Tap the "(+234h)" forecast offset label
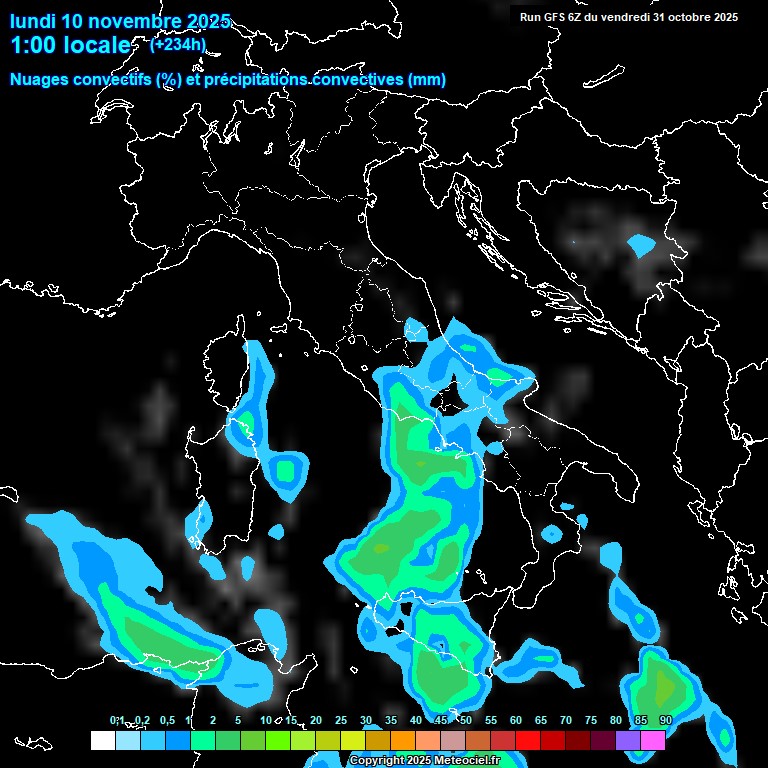coord(178,43)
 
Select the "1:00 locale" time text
coord(69,46)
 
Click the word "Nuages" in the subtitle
coord(39,80)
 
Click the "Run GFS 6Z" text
coord(552,17)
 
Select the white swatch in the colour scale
coord(102,741)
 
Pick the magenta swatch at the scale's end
coord(653,741)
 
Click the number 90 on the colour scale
coord(665,720)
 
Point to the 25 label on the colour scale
coord(341,720)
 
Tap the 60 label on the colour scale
coord(516,720)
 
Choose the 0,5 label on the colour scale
coord(167,720)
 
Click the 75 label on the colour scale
coord(591,720)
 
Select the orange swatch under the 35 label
coord(403,741)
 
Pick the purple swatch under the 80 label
coord(628,741)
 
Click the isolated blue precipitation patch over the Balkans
coord(640,244)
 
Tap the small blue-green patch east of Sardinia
coord(289,470)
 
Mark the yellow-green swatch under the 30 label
coord(378,741)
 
